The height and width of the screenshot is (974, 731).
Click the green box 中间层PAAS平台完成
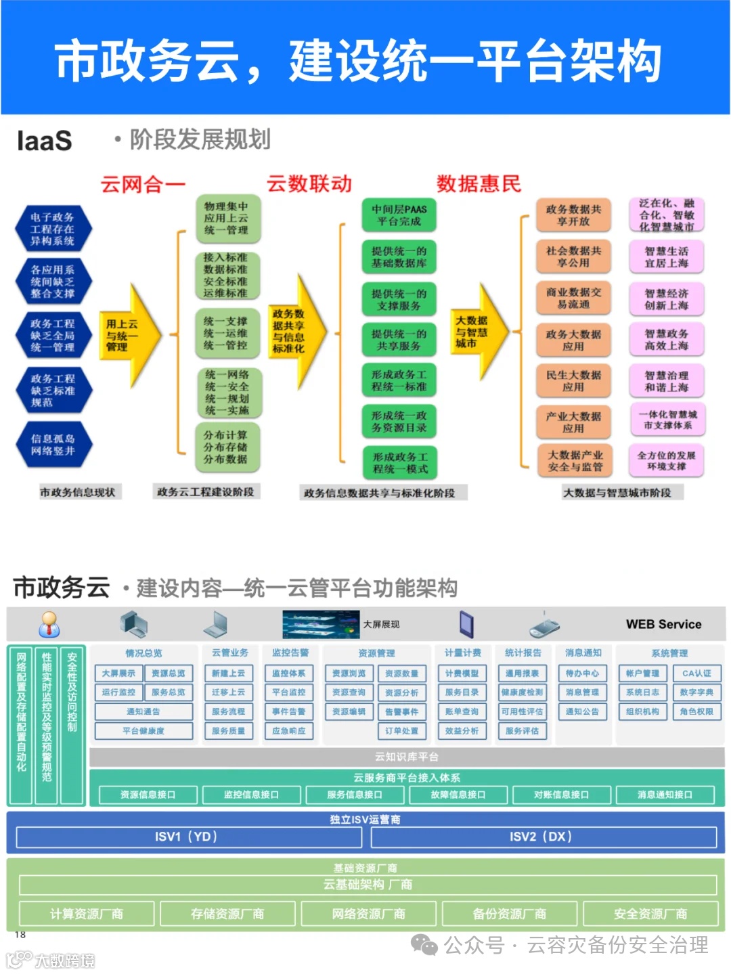(x=399, y=215)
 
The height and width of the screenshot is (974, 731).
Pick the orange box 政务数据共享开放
(x=573, y=215)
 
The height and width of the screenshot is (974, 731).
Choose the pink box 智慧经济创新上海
(x=667, y=299)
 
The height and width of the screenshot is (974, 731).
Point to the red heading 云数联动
(x=309, y=183)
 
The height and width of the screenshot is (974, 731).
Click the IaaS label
(x=44, y=141)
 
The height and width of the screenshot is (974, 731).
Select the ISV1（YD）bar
(x=186, y=837)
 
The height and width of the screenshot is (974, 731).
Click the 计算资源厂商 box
(x=87, y=914)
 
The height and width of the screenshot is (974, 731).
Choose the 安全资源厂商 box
(x=650, y=914)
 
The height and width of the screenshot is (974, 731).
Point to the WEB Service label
(x=663, y=624)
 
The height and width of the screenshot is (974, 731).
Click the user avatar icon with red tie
(x=49, y=624)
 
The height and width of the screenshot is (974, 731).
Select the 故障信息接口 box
(x=458, y=795)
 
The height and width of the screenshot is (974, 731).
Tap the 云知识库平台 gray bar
(x=406, y=757)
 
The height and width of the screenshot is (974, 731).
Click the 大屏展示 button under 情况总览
(x=118, y=673)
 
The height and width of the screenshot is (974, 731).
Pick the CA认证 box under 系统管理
(x=696, y=673)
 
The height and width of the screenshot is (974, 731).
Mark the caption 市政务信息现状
(x=77, y=492)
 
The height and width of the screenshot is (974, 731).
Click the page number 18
(x=20, y=935)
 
